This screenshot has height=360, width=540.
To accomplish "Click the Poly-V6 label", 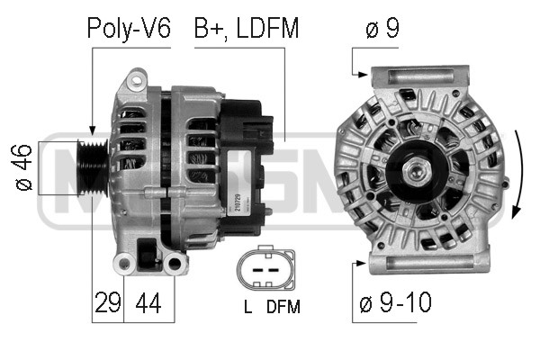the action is [x=129, y=28].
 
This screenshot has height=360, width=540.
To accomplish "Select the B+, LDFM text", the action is [x=247, y=28].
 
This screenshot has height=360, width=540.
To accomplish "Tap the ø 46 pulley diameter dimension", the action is [x=23, y=167].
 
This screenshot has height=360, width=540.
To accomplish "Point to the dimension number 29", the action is [x=107, y=302].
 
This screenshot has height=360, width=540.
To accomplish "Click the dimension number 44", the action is [x=148, y=302].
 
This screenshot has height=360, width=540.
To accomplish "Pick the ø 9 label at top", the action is [x=382, y=28].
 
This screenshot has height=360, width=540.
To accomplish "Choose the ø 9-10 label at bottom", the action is [x=395, y=302].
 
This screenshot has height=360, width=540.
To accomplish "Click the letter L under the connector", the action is [x=247, y=307].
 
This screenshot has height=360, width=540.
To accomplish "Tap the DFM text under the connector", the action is [x=283, y=307].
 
